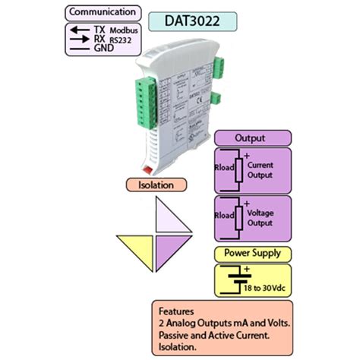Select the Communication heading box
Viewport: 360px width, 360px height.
click(x=103, y=12)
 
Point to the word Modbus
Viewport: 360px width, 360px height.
click(x=122, y=30)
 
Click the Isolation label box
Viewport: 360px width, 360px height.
click(x=155, y=185)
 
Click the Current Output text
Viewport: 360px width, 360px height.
click(x=261, y=169)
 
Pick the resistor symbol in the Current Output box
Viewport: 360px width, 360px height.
click(x=239, y=171)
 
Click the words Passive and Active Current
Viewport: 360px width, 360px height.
click(x=215, y=334)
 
